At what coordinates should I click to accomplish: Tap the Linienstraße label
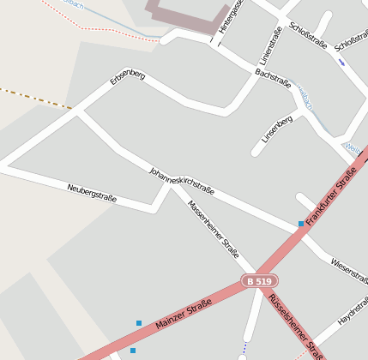(269, 54)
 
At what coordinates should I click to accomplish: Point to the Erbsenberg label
(127, 83)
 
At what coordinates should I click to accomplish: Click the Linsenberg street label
(277, 128)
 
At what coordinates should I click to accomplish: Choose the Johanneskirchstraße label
(182, 181)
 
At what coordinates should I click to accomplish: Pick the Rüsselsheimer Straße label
(296, 326)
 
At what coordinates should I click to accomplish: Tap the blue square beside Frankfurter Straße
(301, 224)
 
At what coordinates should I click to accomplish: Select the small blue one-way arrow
(342, 62)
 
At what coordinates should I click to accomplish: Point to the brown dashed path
(34, 99)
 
